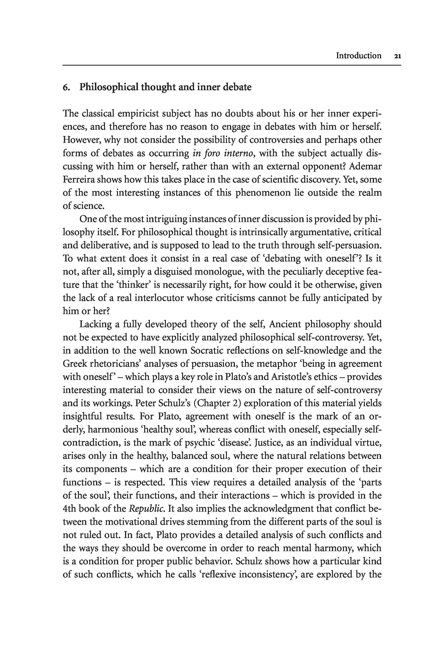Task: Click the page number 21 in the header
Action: (x=397, y=56)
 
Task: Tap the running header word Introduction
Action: (x=358, y=55)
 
